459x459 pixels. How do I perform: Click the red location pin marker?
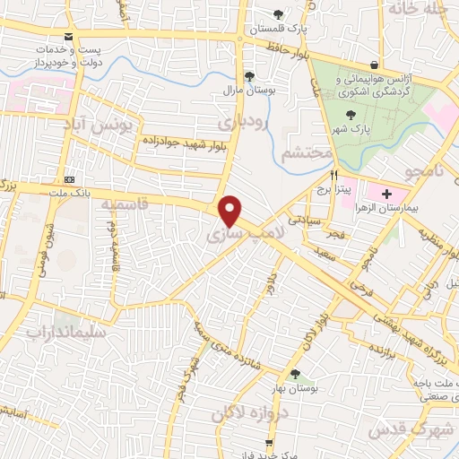(230, 210)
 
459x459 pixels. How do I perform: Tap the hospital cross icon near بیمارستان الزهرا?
(387, 193)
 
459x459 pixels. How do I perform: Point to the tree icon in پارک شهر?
(351, 114)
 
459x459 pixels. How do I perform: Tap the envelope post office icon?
(69, 37)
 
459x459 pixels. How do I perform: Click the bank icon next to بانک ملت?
(69, 178)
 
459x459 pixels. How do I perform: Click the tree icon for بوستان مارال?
(248, 75)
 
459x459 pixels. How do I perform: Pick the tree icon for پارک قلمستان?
(279, 13)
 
